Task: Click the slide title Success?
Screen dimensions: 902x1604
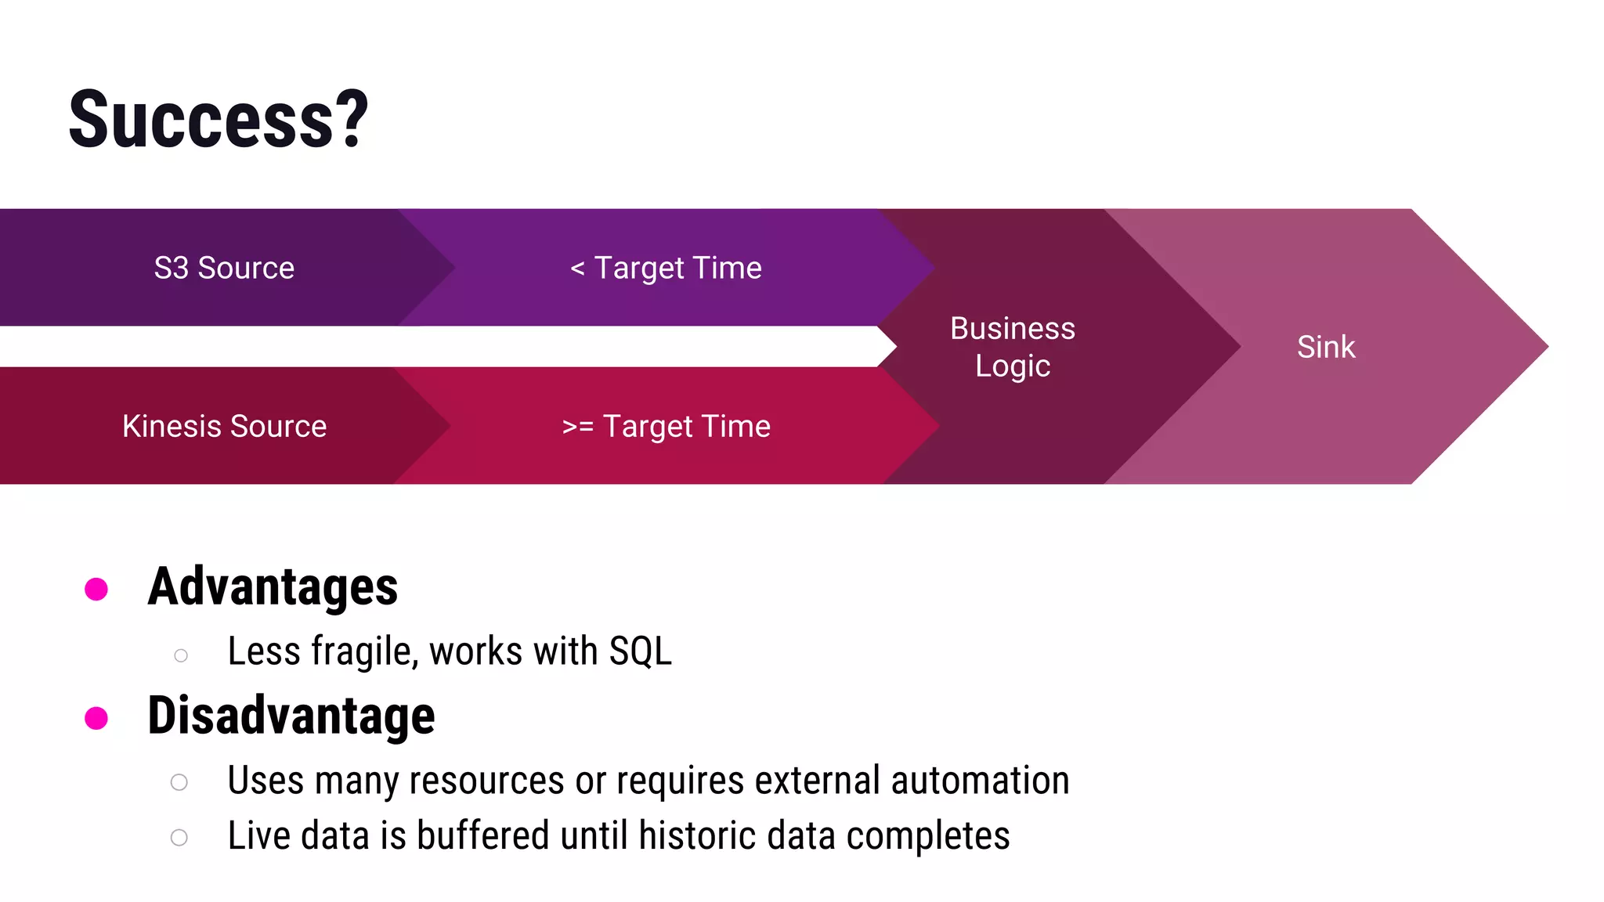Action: [x=218, y=119]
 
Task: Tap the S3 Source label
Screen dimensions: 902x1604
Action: [x=224, y=268]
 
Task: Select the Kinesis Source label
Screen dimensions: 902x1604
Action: [x=224, y=427]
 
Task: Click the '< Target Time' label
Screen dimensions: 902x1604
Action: [x=666, y=268]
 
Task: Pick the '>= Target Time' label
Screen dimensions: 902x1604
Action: [x=666, y=427]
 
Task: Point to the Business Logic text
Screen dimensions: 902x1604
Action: [x=1012, y=347]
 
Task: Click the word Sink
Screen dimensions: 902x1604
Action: [x=1325, y=347]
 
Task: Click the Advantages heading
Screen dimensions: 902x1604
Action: [x=273, y=587]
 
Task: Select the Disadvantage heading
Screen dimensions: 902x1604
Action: [x=291, y=716]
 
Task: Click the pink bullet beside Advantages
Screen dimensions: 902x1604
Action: [x=96, y=589]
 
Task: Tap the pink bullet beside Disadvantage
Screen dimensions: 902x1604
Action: [x=96, y=717]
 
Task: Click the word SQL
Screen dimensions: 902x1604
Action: [x=641, y=651]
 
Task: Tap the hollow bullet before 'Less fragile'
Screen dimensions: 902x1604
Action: [x=181, y=655]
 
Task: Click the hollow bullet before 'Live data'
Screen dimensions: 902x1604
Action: [x=179, y=838]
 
